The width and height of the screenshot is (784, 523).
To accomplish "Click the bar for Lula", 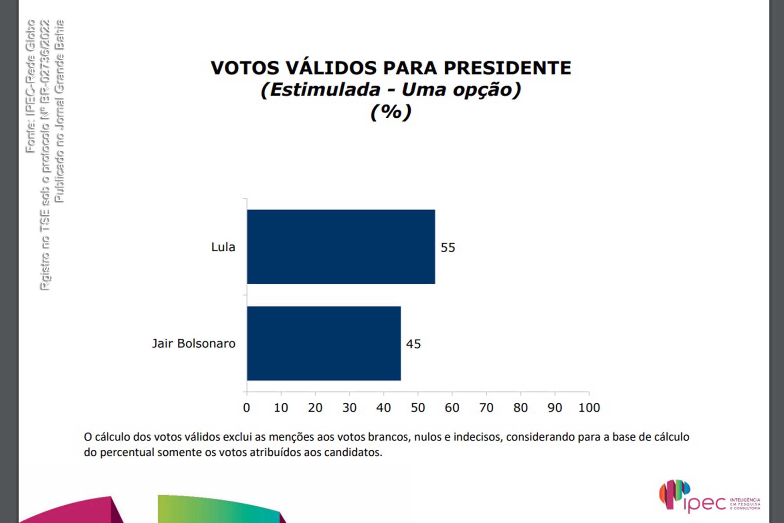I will [x=341, y=247].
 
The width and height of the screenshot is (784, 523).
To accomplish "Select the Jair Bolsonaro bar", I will [x=324, y=343].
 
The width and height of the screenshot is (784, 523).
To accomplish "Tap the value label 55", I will [x=448, y=247].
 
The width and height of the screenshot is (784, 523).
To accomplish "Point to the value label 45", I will [x=413, y=344].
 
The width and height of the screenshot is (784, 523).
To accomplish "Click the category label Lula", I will [x=223, y=247].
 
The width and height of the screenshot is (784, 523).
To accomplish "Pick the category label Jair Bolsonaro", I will [x=194, y=344].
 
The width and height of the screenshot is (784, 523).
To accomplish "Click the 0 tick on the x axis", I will [x=246, y=408].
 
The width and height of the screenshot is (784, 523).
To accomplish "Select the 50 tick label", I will [x=418, y=408].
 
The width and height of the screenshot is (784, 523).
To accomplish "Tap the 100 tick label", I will [x=589, y=408].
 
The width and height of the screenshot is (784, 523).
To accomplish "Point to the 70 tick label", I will [x=486, y=408].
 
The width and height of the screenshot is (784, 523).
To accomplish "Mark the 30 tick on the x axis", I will [x=349, y=408].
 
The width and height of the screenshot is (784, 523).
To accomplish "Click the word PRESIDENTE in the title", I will [x=507, y=68].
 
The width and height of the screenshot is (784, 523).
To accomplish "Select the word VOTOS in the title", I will [x=245, y=68].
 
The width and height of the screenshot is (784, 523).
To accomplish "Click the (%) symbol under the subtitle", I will [x=391, y=112].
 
